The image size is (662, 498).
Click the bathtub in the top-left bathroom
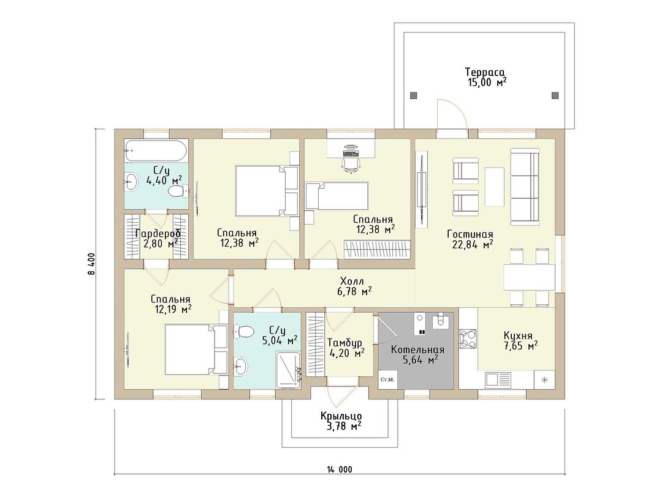pyautogui.click(x=156, y=150)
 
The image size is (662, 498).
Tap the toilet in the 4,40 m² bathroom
pyautogui.click(x=176, y=193)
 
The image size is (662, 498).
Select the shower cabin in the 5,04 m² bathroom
pyautogui.click(x=288, y=370)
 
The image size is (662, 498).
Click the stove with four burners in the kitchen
pyautogui.click(x=468, y=339)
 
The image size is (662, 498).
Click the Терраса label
pyautogui.click(x=485, y=72)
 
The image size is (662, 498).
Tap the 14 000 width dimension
pyautogui.click(x=339, y=469)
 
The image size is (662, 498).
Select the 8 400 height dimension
pyautogui.click(x=91, y=264)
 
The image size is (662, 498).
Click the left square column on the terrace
pyautogui.click(x=413, y=95)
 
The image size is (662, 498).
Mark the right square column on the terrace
pyautogui.click(x=555, y=95)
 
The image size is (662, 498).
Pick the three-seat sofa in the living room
pyautogui.click(x=525, y=186)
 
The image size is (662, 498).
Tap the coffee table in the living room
pyautogui.click(x=495, y=186)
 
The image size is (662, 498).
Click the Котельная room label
pyautogui.click(x=417, y=350)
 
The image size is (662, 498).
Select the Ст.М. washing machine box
pyautogui.click(x=387, y=379)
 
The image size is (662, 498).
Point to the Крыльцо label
pyautogui.click(x=341, y=416)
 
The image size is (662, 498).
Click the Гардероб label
pyautogui.click(x=158, y=234)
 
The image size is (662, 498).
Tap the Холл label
pyautogui.click(x=352, y=281)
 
